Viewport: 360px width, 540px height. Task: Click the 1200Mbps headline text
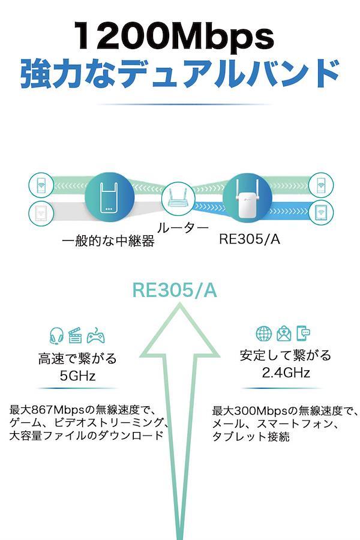tap(174, 36)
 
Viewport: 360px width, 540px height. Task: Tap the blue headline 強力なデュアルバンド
tap(180, 74)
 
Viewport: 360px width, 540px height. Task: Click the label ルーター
tap(183, 228)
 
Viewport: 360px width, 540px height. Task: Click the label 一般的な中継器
tap(108, 241)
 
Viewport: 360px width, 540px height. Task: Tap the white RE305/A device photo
tap(247, 199)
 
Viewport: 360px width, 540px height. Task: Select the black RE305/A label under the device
tap(250, 239)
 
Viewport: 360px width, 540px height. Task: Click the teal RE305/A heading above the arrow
tap(175, 290)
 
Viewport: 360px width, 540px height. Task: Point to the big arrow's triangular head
tap(179, 331)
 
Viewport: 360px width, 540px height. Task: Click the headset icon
tap(56, 336)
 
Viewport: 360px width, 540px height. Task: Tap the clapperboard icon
tap(75, 335)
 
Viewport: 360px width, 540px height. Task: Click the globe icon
tap(264, 334)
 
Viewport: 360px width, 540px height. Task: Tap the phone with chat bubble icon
tap(303, 333)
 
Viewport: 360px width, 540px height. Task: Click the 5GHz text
tap(77, 376)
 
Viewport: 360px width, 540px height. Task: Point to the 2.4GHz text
tap(286, 372)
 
